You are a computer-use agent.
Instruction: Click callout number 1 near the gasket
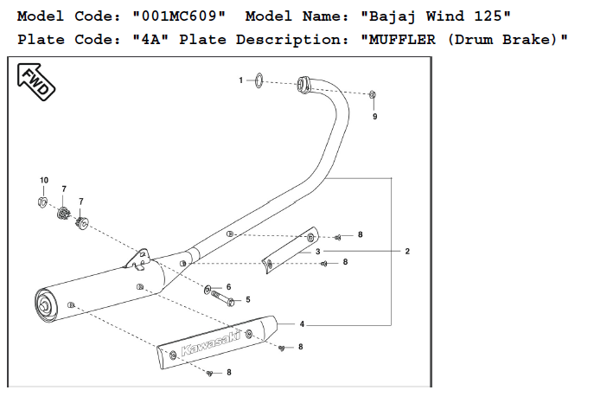click(x=242, y=80)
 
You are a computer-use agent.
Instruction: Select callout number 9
click(x=374, y=116)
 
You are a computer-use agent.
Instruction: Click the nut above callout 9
click(x=373, y=93)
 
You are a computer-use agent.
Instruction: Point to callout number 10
click(x=44, y=180)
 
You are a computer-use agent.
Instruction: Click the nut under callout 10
click(x=43, y=201)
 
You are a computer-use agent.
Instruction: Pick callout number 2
click(x=406, y=251)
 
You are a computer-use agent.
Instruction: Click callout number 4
click(x=302, y=324)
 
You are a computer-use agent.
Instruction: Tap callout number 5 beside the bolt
click(x=248, y=300)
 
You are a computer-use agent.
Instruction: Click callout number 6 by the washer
click(x=228, y=286)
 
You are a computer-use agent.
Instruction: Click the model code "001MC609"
click(x=180, y=16)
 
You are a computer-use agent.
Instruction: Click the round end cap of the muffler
click(x=43, y=303)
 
